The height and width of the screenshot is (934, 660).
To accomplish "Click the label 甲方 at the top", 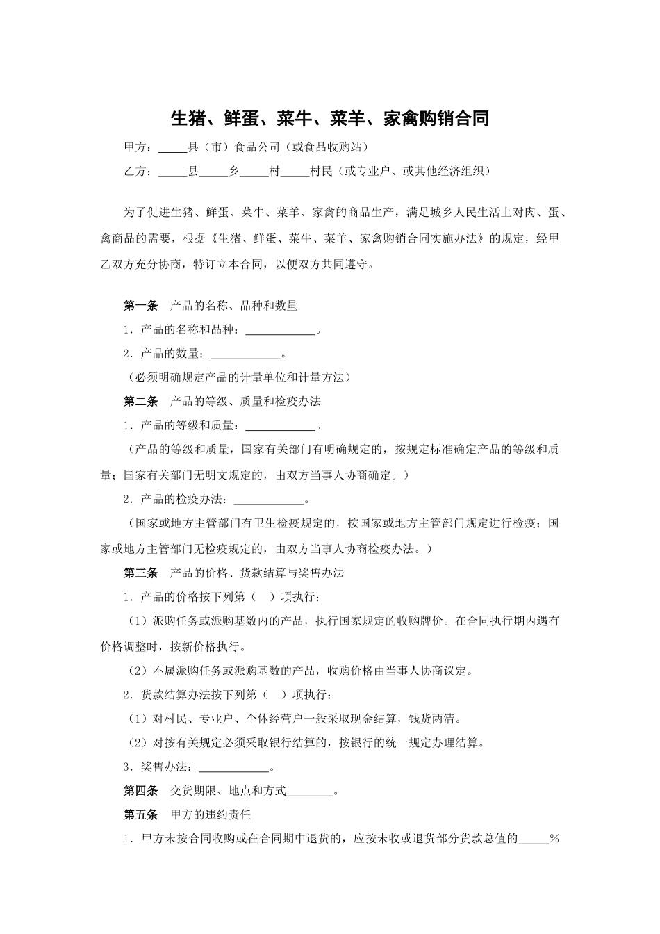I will [x=135, y=147].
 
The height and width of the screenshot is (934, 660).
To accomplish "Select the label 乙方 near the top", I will [x=135, y=171].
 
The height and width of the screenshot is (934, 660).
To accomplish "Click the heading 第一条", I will [x=140, y=306].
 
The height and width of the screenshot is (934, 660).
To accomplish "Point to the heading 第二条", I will [x=140, y=402].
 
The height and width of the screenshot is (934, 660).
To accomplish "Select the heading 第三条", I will [x=140, y=573].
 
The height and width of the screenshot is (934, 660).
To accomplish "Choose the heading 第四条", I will [x=140, y=791].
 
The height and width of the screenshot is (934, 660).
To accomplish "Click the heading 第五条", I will [x=140, y=814].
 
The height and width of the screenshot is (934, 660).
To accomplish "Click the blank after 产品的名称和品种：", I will [x=280, y=330].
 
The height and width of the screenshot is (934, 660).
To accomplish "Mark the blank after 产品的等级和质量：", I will [x=280, y=426].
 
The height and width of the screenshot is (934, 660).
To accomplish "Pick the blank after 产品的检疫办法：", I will [x=268, y=500].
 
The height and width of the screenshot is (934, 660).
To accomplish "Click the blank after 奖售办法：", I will [x=233, y=768].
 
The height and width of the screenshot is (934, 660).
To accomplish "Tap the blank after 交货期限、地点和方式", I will [x=309, y=792].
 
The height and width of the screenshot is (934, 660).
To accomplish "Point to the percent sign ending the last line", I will [x=554, y=838].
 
